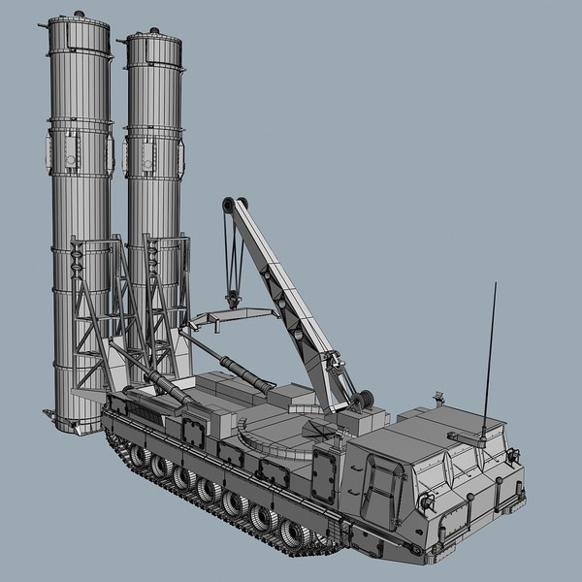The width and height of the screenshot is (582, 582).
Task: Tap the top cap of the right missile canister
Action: (x=154, y=40)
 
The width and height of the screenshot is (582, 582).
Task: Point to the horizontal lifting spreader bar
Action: (x=233, y=315)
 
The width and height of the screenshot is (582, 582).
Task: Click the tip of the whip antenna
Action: (x=496, y=284)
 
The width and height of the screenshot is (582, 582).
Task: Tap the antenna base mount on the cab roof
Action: (x=482, y=438)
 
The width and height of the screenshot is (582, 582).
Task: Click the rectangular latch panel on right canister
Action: (x=148, y=154)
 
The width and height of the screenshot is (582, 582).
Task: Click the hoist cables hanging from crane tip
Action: (x=232, y=247)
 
